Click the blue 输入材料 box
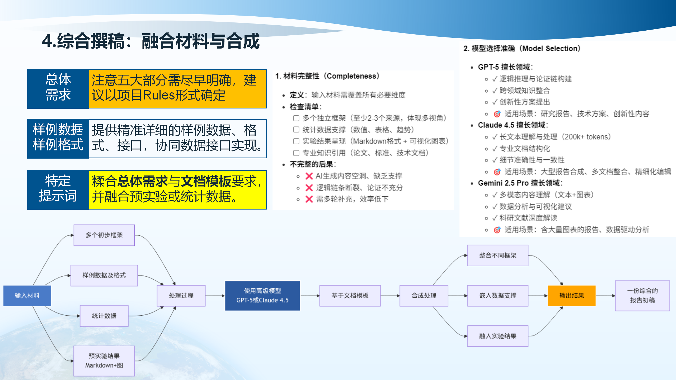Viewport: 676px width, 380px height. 27,295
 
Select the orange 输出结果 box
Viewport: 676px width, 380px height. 571,295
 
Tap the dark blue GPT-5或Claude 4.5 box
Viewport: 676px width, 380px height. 262,296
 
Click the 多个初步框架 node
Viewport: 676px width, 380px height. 104,235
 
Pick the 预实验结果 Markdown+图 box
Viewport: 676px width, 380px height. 104,360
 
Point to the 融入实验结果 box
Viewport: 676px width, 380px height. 497,336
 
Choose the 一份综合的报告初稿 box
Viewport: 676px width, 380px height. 642,295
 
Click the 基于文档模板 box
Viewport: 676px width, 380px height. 350,295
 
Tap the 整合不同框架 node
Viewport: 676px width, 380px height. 497,255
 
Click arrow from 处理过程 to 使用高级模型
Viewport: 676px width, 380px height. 215,296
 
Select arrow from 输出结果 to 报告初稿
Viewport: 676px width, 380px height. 605,296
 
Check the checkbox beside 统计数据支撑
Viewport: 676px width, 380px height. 296,130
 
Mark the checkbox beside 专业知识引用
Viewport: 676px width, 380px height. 296,153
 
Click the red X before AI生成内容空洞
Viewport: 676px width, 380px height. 309,176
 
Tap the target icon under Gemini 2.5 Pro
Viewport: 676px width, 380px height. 497,230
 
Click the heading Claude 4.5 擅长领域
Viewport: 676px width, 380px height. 513,125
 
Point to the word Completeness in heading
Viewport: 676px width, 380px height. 351,76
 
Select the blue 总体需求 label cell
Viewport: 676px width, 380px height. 58,88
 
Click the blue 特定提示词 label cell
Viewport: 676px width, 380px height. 58,189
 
